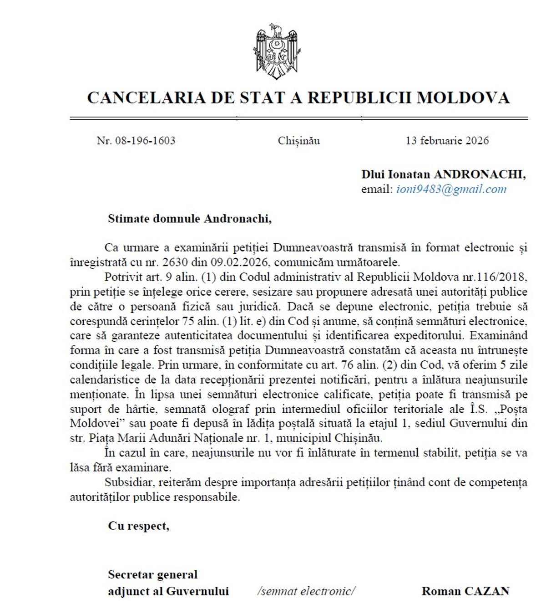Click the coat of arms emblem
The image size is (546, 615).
pyautogui.click(x=277, y=51)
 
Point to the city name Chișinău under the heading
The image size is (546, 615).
pyautogui.click(x=299, y=141)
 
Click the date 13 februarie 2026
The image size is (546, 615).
pyautogui.click(x=447, y=140)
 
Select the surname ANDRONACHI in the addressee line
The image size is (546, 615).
pyautogui.click(x=479, y=174)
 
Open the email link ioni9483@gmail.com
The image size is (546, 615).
pyautogui.click(x=451, y=189)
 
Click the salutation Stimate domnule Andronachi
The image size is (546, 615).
pyautogui.click(x=189, y=219)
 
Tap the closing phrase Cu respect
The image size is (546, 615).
pyautogui.click(x=138, y=526)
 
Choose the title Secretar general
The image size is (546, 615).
pyautogui.click(x=152, y=575)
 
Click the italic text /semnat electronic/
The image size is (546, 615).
pyautogui.click(x=306, y=591)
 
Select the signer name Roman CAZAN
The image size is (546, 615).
pyautogui.click(x=465, y=591)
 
